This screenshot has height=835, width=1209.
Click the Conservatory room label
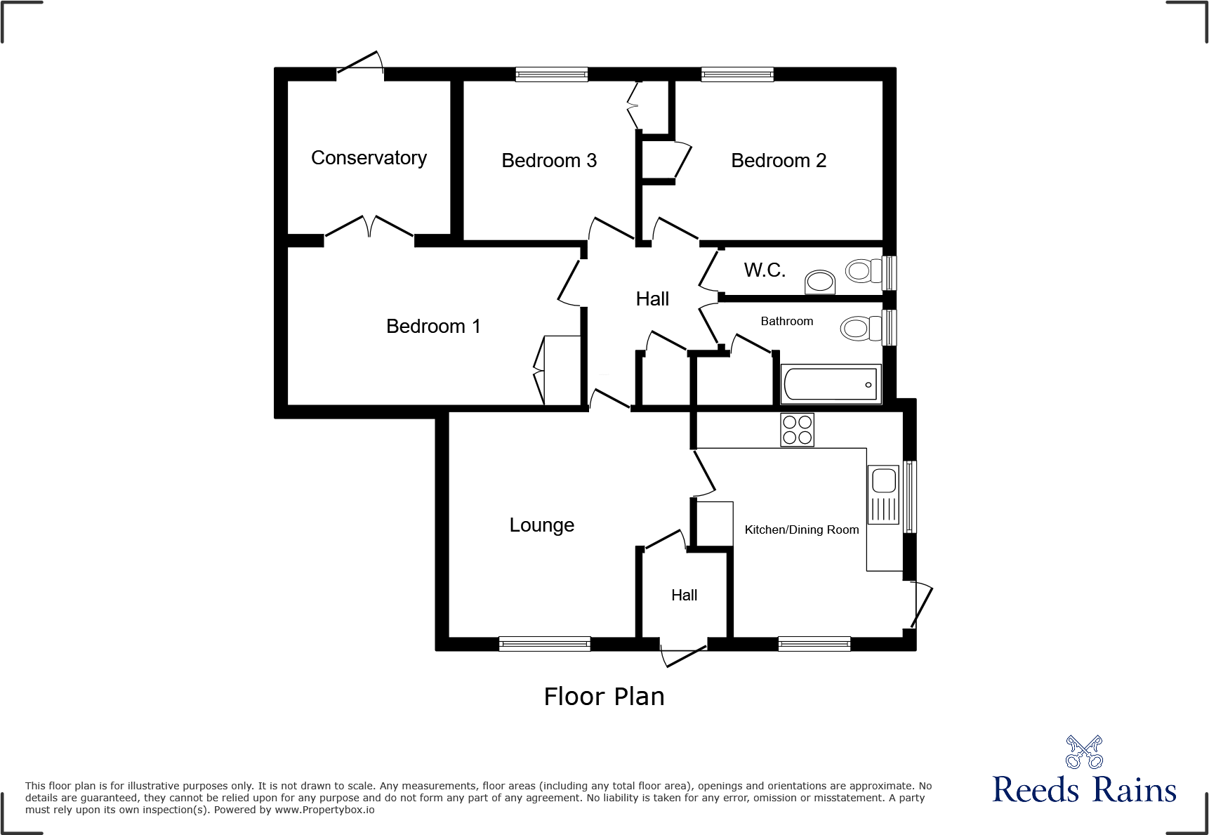point(369,158)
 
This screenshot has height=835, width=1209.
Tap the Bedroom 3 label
point(549,161)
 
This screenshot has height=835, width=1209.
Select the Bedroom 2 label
point(779,161)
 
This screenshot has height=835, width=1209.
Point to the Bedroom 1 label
point(433,327)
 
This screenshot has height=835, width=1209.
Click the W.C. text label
point(765,270)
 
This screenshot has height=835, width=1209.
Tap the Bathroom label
point(786,322)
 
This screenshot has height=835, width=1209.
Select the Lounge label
point(541,525)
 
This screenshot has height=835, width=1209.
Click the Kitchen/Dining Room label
point(801,530)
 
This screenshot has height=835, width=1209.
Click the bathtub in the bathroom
point(831,384)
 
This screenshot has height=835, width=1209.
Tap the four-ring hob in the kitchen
point(797,430)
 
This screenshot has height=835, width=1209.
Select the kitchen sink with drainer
point(884,495)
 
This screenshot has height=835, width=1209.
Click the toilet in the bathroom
point(861,328)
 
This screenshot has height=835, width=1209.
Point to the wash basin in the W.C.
point(819,282)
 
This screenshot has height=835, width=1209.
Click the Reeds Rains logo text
point(1084,790)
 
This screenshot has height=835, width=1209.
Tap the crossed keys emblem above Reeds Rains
point(1084,752)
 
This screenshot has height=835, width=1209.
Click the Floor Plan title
point(604,697)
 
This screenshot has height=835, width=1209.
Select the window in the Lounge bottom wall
point(544,643)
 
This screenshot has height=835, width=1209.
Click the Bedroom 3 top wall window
point(551,74)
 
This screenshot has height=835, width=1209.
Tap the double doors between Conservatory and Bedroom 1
point(369,228)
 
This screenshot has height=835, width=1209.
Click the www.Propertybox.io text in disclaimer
point(324,810)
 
